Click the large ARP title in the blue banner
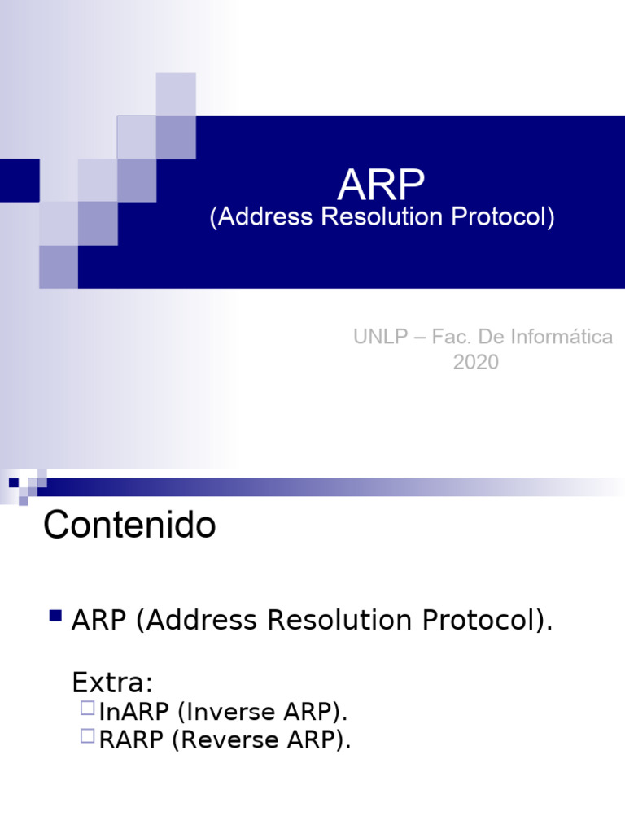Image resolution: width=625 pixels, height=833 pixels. [381, 186]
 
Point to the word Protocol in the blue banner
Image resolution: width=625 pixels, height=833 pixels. [502, 218]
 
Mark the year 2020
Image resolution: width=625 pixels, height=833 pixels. [475, 363]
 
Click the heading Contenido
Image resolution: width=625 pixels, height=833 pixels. [129, 526]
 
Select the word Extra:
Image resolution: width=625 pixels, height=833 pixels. [113, 681]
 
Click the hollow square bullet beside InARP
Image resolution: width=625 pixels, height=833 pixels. [88, 709]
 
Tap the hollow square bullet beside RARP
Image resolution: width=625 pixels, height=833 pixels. [88, 736]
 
